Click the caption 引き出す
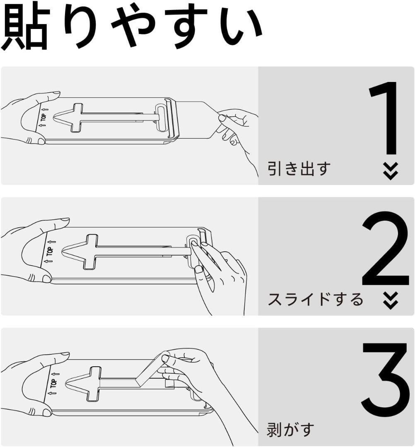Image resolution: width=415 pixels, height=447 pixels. [299, 169]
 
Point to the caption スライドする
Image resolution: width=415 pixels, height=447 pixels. [315, 299]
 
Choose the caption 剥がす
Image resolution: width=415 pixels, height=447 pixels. [291, 429]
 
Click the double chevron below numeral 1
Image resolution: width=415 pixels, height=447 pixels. [390, 171]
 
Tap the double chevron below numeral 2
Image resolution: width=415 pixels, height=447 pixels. [390, 300]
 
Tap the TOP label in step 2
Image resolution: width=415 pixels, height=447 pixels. [50, 252]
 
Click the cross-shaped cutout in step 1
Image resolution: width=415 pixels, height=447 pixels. [79, 118]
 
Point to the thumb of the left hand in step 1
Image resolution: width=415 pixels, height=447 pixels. [33, 139]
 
